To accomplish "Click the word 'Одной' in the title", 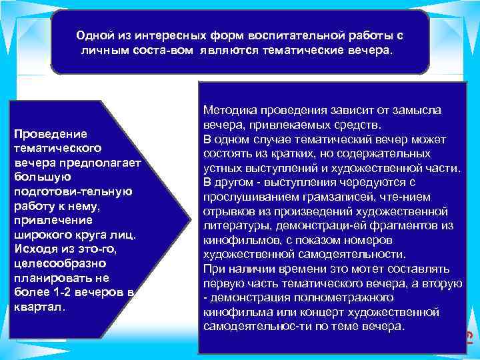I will (94, 35).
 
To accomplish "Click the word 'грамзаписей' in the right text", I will (337, 197).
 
